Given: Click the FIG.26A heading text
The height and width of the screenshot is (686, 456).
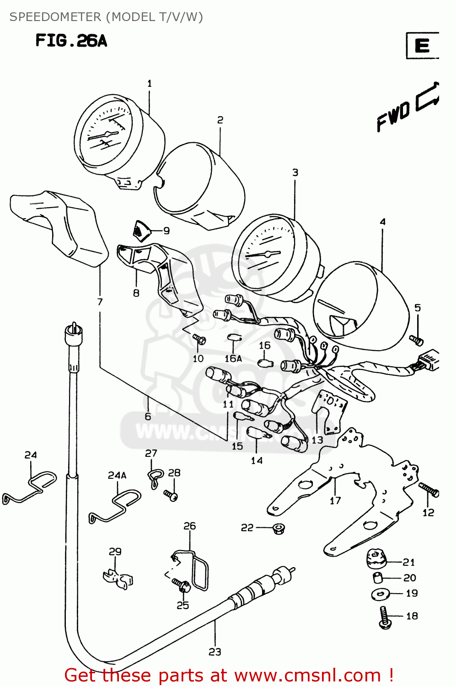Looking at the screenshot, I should click(x=71, y=41).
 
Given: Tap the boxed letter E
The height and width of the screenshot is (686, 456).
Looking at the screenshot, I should click(x=422, y=46).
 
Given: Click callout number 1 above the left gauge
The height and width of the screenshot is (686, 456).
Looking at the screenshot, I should click(x=149, y=83).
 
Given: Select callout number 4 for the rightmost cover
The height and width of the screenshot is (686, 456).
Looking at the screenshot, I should click(x=382, y=222).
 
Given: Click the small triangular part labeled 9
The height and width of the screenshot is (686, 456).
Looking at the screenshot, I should click(x=141, y=230).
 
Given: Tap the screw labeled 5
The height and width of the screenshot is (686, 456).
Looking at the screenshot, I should click(x=416, y=340).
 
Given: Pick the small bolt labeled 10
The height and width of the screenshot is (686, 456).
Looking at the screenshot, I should click(x=199, y=339).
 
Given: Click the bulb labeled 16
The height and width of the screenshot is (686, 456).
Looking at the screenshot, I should click(x=265, y=363).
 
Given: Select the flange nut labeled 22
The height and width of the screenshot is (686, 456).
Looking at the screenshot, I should click(x=277, y=529).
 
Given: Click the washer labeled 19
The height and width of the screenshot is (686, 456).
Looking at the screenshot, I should click(x=380, y=594).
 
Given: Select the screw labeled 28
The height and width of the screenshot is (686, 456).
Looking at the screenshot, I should click(x=171, y=495).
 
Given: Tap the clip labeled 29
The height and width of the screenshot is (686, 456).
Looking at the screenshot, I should click(x=118, y=578).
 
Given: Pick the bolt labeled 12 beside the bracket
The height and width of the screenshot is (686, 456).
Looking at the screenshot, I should click(x=429, y=490).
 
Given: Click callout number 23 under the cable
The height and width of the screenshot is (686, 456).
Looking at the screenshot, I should click(x=215, y=652).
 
